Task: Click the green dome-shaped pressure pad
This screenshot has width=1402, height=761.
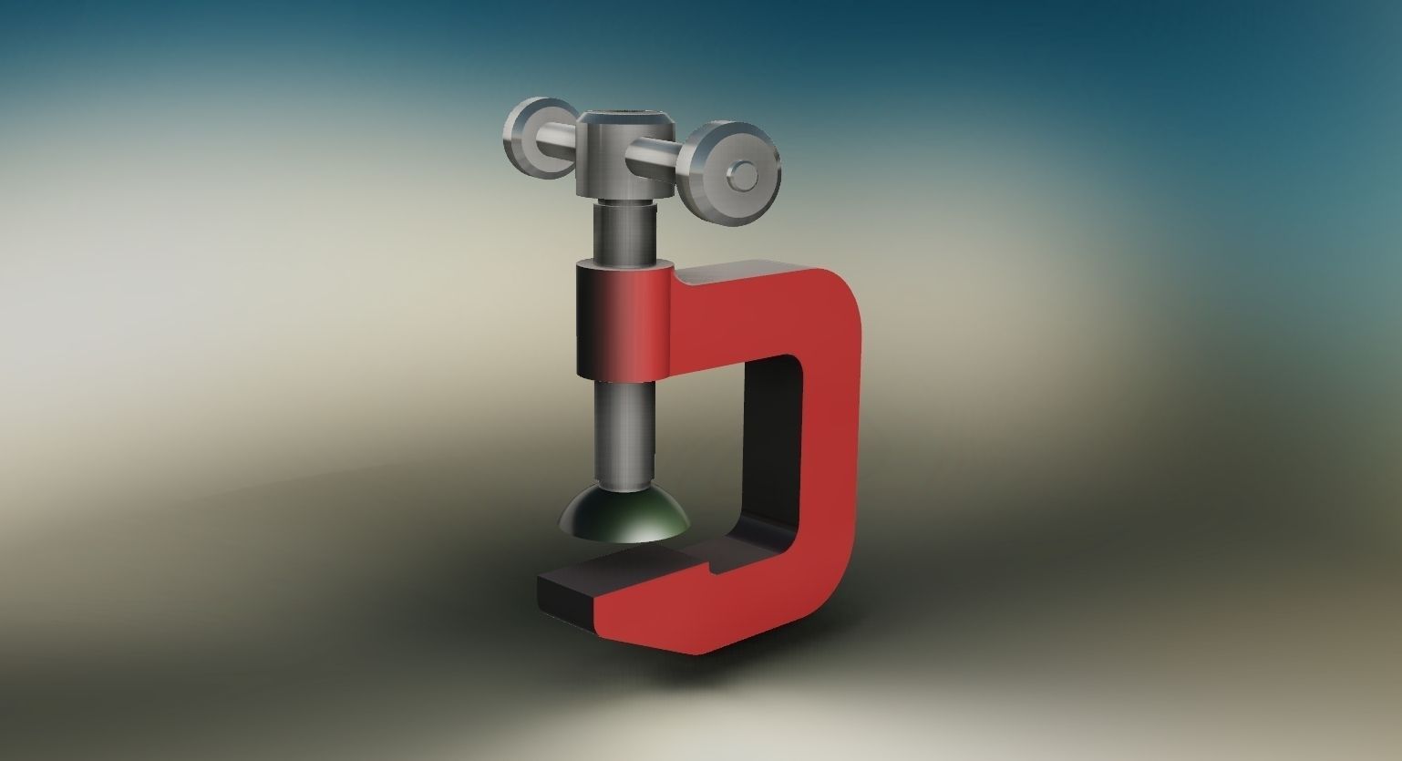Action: coord(624,515)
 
